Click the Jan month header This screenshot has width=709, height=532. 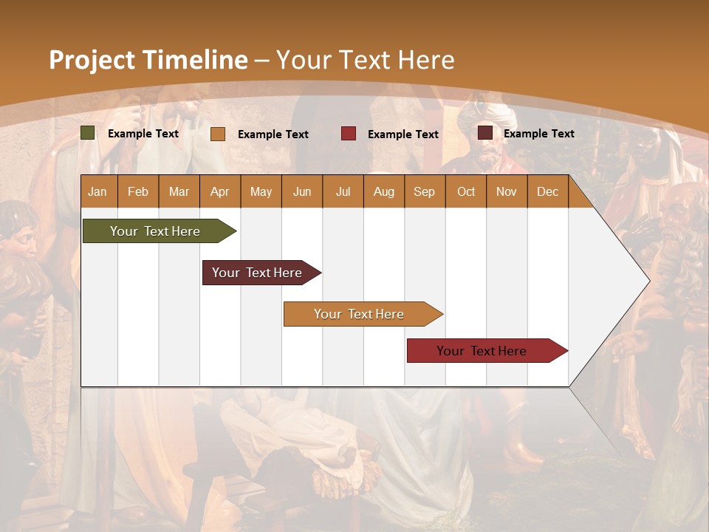(x=97, y=191)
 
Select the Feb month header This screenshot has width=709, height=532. (x=138, y=191)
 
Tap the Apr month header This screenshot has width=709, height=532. (x=219, y=191)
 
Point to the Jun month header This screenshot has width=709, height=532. (x=301, y=191)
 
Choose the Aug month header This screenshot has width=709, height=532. (x=383, y=191)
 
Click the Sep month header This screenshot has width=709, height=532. (x=424, y=191)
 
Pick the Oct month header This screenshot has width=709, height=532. (x=465, y=191)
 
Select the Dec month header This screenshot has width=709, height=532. (x=547, y=191)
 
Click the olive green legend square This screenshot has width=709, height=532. (x=88, y=133)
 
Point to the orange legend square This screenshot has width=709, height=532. (x=218, y=134)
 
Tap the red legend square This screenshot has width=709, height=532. (x=349, y=134)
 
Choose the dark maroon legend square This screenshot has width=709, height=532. (x=485, y=133)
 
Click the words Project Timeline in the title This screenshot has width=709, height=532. (x=148, y=60)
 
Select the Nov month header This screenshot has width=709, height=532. (x=506, y=191)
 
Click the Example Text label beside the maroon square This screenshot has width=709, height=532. (x=538, y=133)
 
